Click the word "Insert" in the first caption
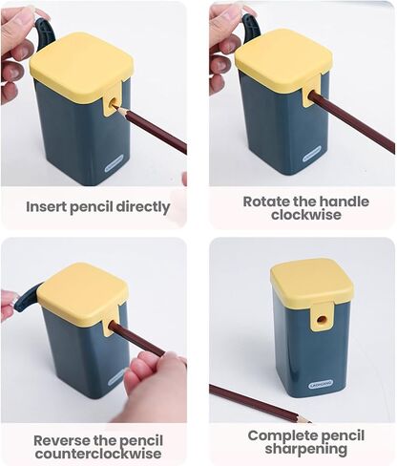(x=46, y=206)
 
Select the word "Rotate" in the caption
(x=266, y=201)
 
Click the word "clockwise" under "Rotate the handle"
(x=306, y=215)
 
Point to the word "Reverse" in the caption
(x=61, y=441)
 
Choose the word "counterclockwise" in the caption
(x=98, y=454)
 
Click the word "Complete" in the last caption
(x=280, y=436)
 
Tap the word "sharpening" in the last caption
(x=306, y=450)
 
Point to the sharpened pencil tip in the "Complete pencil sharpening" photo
(x=309, y=421)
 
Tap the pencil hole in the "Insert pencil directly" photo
(x=113, y=103)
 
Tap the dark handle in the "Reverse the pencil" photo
(x=28, y=299)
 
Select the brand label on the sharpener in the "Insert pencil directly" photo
(x=114, y=163)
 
